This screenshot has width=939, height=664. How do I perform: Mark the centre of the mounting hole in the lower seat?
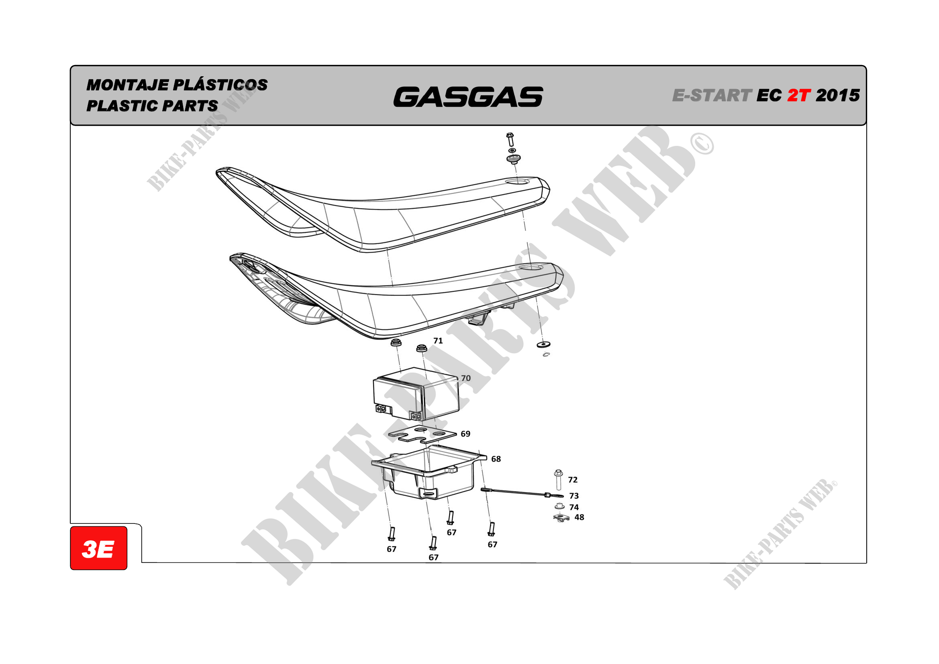(x=531, y=267)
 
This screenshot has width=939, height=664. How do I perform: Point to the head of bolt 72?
(x=559, y=473)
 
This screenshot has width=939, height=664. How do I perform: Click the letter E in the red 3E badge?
(x=106, y=549)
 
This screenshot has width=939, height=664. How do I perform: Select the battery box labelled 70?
(x=416, y=394)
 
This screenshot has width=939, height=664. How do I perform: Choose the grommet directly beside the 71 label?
(x=422, y=349)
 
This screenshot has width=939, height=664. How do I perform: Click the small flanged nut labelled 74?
(x=559, y=507)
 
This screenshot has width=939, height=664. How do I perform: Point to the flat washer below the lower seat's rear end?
(x=543, y=344)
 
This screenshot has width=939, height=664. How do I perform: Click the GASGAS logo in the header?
(x=468, y=97)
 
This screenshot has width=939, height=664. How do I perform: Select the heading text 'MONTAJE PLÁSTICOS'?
(x=177, y=85)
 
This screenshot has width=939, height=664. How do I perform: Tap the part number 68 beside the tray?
(x=496, y=459)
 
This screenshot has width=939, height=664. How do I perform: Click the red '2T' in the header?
(x=799, y=95)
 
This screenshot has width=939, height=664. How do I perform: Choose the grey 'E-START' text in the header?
(x=712, y=95)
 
